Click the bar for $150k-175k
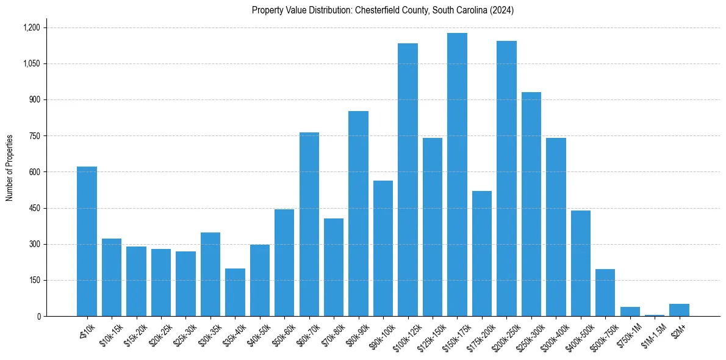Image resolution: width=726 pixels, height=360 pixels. (457, 175)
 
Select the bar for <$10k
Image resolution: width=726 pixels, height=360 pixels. (87, 241)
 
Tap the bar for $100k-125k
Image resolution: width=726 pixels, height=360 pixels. (408, 179)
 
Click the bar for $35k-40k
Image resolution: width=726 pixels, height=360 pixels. (235, 292)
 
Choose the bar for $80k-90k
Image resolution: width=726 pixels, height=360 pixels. (358, 214)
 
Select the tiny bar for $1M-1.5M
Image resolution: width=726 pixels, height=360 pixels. (655, 315)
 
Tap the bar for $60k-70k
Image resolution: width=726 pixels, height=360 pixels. (309, 224)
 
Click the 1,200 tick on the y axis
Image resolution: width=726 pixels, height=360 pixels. (31, 27)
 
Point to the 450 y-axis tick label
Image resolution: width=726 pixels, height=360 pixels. (34, 208)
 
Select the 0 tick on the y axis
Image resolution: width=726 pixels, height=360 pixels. (39, 316)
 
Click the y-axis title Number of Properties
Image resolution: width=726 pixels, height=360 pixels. (10, 168)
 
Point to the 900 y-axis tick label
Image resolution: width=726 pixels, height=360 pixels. (34, 99)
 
